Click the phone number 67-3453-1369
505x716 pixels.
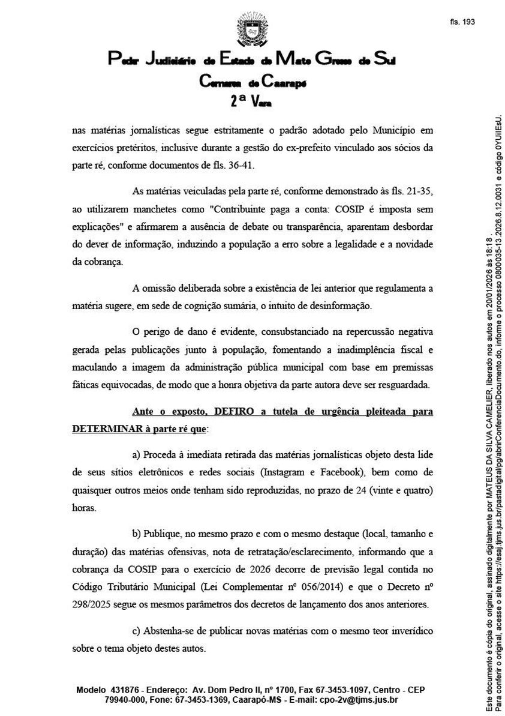click(200, 700)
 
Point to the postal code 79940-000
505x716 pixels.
click(125, 700)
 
